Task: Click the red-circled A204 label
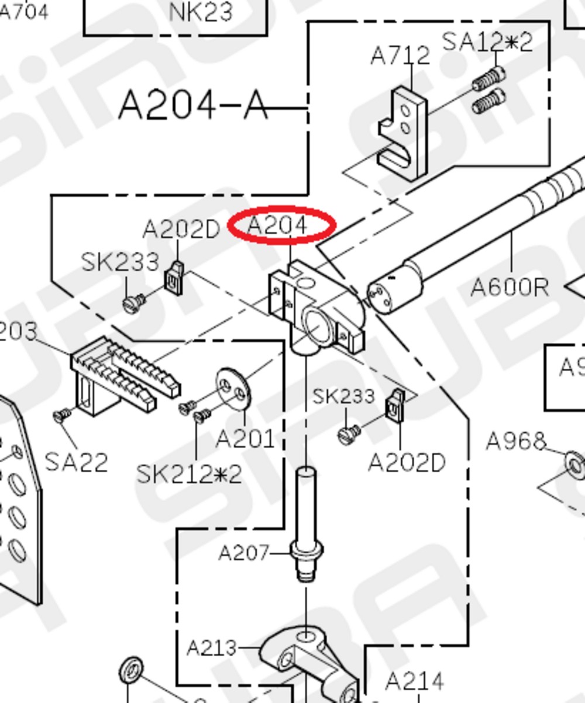(x=279, y=224)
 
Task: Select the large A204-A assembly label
(x=193, y=106)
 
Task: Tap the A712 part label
(x=400, y=56)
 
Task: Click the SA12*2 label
(x=487, y=41)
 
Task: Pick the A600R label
(x=510, y=287)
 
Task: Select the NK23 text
(x=201, y=12)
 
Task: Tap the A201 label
(x=245, y=438)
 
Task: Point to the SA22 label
(x=76, y=462)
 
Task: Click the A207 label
(x=244, y=552)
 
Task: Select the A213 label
(x=211, y=647)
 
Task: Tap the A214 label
(x=415, y=681)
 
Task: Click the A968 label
(x=515, y=442)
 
